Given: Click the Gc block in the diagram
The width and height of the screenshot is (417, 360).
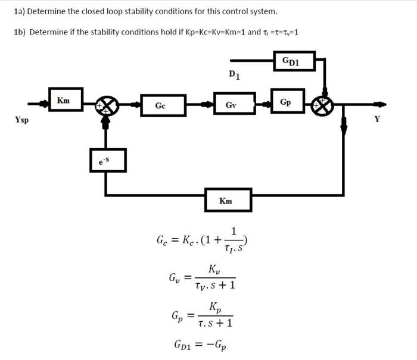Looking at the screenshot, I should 160,105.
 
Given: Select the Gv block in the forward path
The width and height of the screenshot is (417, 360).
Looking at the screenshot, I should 230,105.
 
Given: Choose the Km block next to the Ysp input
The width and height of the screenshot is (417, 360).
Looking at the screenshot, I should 63,101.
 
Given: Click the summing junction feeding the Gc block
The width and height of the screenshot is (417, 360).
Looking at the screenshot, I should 107,107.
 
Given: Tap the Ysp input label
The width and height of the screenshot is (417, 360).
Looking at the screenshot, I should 23,120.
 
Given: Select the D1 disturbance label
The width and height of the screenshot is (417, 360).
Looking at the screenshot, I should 235,74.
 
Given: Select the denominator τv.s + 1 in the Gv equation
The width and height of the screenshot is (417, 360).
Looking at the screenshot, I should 214,286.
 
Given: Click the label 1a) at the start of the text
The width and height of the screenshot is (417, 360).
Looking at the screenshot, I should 22,11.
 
